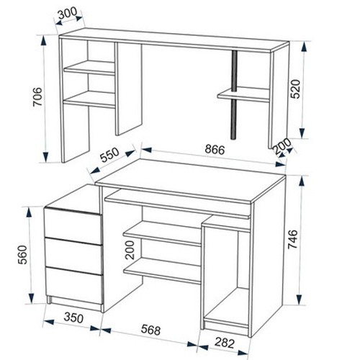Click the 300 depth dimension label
click(x=68, y=14)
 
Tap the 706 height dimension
click(x=37, y=96)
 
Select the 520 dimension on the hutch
click(x=295, y=89)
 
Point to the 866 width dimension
click(x=215, y=150)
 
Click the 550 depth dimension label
click(x=109, y=155)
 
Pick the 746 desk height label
click(x=293, y=239)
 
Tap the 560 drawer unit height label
click(x=23, y=255)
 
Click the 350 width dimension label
click(x=73, y=318)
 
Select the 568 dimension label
click(x=150, y=330)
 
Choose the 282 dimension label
click(x=225, y=343)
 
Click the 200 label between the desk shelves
click(x=130, y=250)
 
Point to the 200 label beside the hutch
click(x=282, y=146)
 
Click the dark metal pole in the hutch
click(x=234, y=95)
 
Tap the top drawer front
click(x=73, y=223)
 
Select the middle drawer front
click(x=73, y=252)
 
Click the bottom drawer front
click(x=74, y=286)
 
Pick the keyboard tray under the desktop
click(x=178, y=204)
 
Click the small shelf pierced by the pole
click(x=243, y=94)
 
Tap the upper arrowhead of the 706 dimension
click(x=43, y=41)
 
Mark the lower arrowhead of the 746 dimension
click(x=300, y=300)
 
